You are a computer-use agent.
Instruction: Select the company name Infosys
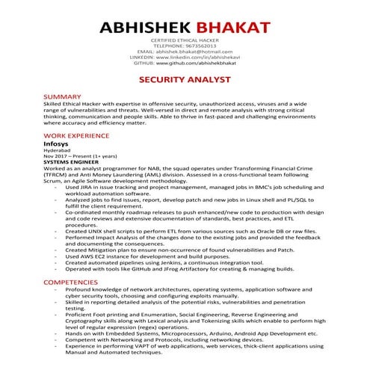[58, 144]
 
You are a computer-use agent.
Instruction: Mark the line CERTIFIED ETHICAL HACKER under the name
[185, 39]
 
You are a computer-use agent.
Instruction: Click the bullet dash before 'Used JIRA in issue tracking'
[57, 186]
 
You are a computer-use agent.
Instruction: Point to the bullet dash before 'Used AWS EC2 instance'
[57, 256]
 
